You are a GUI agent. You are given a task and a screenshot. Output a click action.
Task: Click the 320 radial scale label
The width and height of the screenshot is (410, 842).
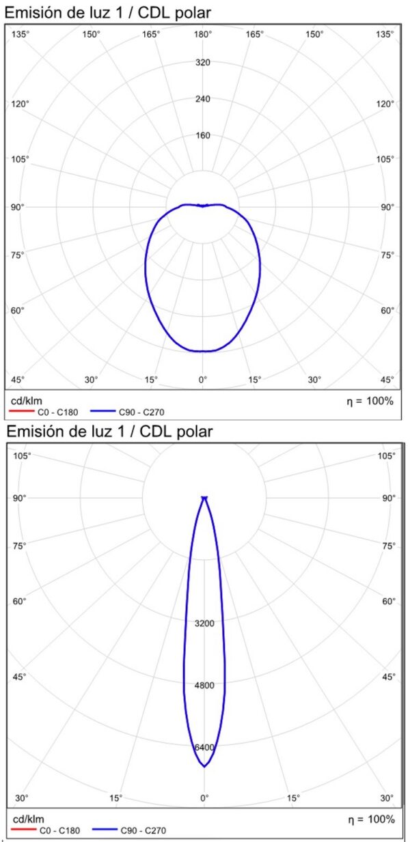coord(203,62)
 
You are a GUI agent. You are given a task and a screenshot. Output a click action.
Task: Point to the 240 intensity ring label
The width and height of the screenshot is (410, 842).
coord(203,99)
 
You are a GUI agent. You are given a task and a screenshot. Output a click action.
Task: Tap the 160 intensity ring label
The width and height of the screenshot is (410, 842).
coord(203,135)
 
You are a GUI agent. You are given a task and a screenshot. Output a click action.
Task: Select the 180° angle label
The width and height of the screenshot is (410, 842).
coord(203,34)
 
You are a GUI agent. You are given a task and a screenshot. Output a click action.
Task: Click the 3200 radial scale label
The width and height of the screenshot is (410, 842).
coord(204,623)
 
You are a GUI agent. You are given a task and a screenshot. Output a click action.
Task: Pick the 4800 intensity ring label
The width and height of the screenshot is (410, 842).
coord(204,685)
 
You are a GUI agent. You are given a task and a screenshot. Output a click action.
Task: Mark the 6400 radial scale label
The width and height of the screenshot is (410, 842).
coord(204,747)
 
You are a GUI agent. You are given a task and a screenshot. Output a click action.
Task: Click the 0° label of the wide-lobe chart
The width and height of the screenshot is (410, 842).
coord(203,380)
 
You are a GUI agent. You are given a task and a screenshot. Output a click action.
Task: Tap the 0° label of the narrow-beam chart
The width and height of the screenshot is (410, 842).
coord(204,798)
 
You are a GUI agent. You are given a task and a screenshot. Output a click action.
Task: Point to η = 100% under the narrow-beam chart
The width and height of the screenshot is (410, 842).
coord(370,819)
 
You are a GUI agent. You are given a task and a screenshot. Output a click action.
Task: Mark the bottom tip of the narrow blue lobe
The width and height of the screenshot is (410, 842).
coord(204,767)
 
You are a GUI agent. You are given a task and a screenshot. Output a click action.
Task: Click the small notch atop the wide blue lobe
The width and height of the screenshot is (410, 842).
coord(203,205)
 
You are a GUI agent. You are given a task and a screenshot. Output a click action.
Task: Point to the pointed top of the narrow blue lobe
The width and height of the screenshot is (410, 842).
coord(204,498)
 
